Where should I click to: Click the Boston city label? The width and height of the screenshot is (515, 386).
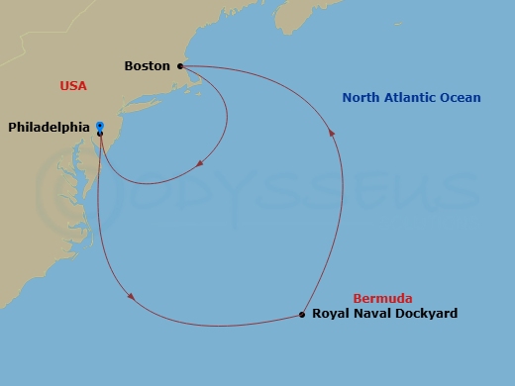click(148, 66)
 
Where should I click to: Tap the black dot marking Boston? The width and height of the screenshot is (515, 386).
click(180, 66)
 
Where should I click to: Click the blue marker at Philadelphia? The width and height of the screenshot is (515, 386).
click(100, 126)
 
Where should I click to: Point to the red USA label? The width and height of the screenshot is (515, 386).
click(73, 86)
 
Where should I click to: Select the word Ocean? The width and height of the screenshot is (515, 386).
click(462, 98)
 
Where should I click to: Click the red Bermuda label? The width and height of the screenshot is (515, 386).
click(382, 298)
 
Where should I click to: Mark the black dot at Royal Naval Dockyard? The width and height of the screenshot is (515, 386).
click(301, 315)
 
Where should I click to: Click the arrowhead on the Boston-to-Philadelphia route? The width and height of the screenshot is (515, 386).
click(201, 163)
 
